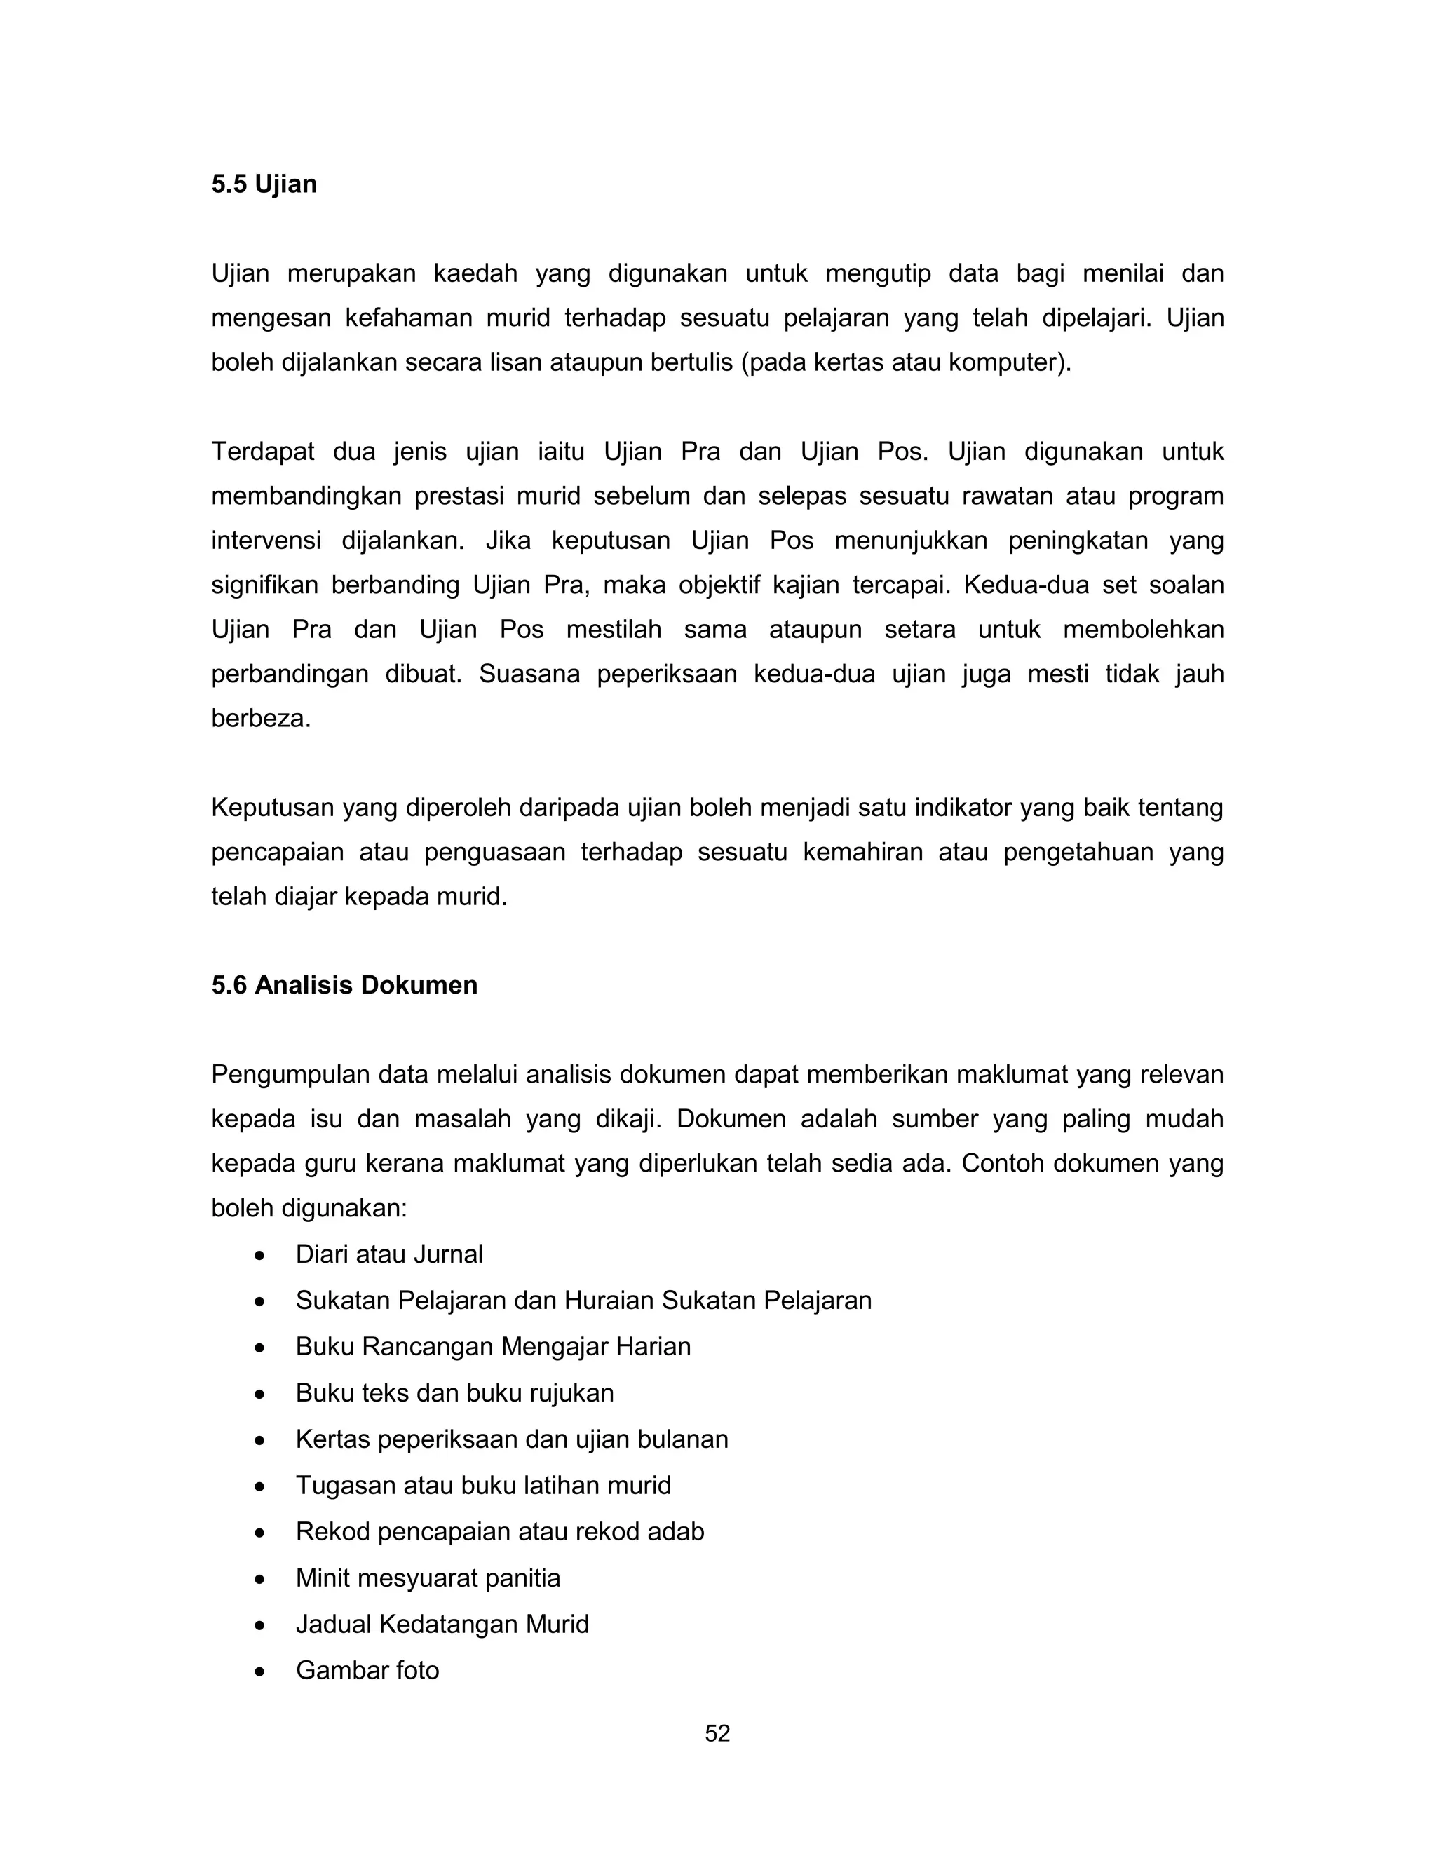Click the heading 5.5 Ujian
click(x=264, y=184)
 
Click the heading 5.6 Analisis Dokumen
click(x=344, y=985)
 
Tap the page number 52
click(x=717, y=1734)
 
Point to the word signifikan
click(x=264, y=585)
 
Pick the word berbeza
click(x=259, y=719)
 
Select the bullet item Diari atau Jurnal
click(x=388, y=1255)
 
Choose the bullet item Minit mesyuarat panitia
click(x=428, y=1578)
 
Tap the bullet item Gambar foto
click(x=367, y=1671)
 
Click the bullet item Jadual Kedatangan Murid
click(x=442, y=1624)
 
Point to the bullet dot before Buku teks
click(x=259, y=1395)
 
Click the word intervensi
click(x=266, y=541)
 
